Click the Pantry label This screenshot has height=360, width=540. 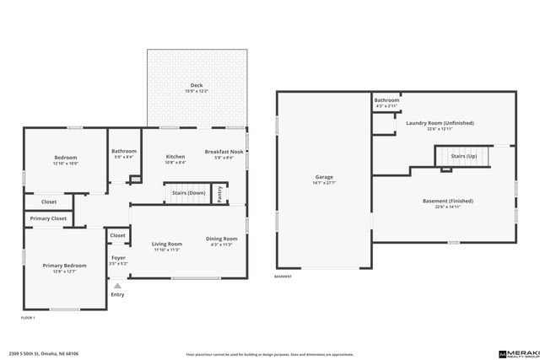pos(220,193)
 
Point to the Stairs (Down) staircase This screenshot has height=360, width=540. pos(187,193)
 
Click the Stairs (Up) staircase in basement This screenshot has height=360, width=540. pos(463,156)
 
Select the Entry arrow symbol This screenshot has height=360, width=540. pos(117,287)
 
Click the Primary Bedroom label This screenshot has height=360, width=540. pos(65,268)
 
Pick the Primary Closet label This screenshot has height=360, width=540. pos(48,218)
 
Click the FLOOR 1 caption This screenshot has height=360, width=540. pos(29,317)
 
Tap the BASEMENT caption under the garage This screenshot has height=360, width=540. pos(283,276)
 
